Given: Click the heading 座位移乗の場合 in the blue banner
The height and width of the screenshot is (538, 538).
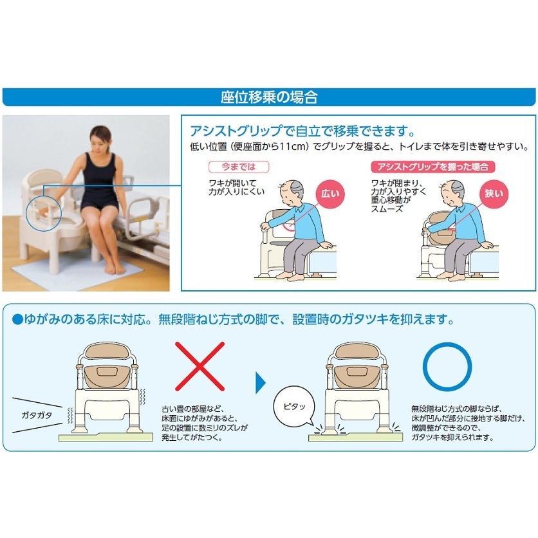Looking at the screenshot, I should (x=269, y=97).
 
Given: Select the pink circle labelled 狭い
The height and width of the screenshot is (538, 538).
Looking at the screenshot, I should (x=494, y=193).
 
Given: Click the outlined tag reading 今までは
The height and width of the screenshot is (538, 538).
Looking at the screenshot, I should (x=230, y=167).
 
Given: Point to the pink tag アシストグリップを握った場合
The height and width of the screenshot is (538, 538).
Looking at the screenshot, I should (x=432, y=167).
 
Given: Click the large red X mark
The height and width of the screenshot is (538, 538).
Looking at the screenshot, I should (x=200, y=366).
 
